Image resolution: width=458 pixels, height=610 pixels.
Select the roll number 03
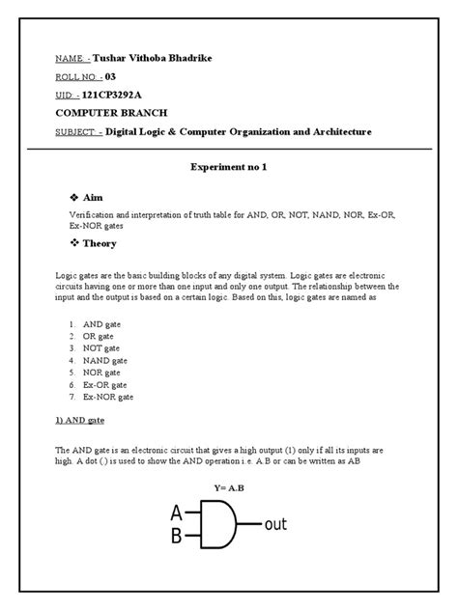110,78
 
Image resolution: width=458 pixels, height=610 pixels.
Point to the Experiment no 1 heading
229,168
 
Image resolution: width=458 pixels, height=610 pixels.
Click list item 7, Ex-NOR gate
108,396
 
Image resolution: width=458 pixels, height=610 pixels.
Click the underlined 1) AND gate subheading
84,421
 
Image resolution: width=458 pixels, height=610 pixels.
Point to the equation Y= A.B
229,488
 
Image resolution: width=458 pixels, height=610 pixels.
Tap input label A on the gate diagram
176,513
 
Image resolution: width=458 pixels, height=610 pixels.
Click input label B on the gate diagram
176,536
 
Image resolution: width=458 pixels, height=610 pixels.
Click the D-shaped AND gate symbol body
219,524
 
